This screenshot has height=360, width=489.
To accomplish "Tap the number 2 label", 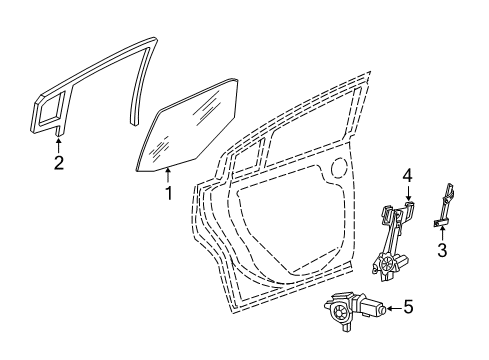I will (x=59, y=163).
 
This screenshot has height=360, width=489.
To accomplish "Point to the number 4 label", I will (x=407, y=177).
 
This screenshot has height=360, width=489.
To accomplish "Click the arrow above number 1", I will (x=168, y=176).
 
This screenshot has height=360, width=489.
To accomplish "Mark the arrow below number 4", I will (x=407, y=196).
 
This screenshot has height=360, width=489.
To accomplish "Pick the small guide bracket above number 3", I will (x=446, y=204).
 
